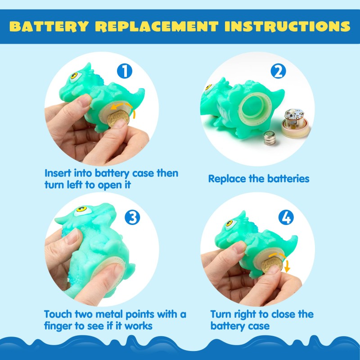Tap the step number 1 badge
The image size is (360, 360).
coord(126,72)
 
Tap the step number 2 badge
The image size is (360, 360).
coord(279,72)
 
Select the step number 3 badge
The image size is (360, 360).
coord(132,217)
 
